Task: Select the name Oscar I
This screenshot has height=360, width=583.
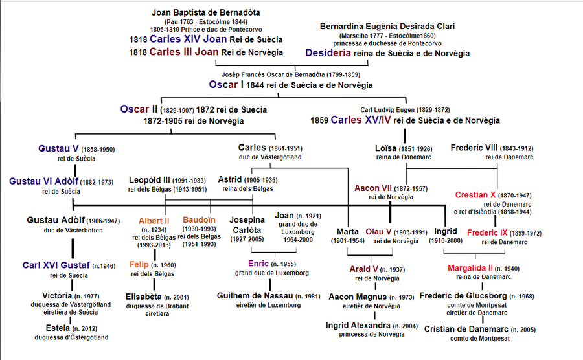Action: [x=226, y=85]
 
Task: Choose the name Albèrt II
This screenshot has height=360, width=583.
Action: [x=154, y=220]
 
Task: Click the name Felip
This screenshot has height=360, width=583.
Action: [x=139, y=265]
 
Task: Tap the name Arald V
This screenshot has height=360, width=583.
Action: [x=363, y=269]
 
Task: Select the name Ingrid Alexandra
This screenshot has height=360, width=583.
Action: [x=358, y=325]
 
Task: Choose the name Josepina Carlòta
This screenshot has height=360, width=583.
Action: [x=247, y=224]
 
